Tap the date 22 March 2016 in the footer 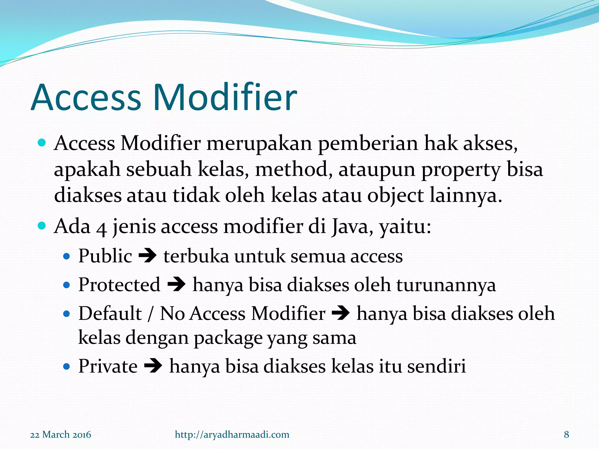point(61,434)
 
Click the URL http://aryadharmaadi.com point(232,434)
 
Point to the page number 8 point(566,434)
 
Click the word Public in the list point(105,256)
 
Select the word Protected point(119,285)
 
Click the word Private point(108,366)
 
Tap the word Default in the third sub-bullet point(110,313)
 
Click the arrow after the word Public point(147,256)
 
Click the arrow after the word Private point(153,366)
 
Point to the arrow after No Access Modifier point(341,314)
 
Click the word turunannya point(446,285)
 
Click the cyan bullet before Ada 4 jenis point(42,226)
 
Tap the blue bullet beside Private point(67,366)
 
